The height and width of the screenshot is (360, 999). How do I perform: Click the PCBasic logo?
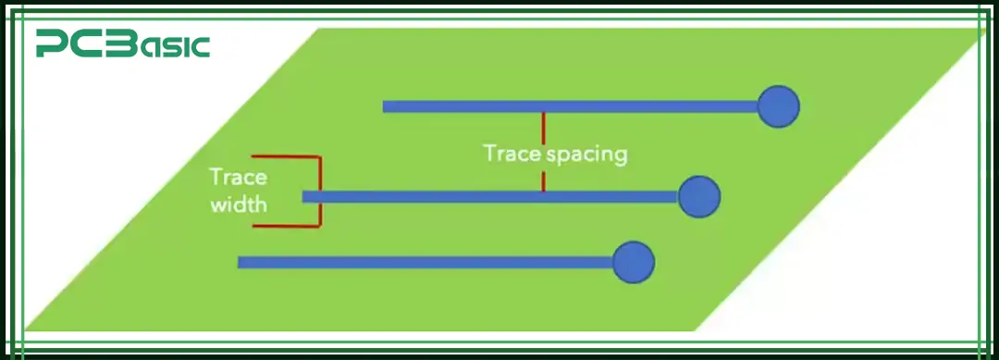(x=123, y=43)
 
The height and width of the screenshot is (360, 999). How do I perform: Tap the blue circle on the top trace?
(x=778, y=106)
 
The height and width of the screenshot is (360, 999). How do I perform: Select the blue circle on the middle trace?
(x=698, y=196)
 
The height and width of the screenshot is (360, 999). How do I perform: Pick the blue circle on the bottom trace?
(x=634, y=262)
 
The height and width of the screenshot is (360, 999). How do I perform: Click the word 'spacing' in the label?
(x=586, y=154)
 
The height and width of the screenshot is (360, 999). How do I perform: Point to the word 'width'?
(x=239, y=204)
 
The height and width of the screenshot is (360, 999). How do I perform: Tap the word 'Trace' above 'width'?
(x=238, y=177)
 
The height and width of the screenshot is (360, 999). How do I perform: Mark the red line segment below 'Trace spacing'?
(x=543, y=179)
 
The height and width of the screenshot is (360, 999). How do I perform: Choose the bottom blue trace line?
(x=425, y=262)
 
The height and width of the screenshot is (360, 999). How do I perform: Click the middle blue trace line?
(x=490, y=196)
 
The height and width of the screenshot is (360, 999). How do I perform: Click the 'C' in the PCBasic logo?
(x=80, y=43)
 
